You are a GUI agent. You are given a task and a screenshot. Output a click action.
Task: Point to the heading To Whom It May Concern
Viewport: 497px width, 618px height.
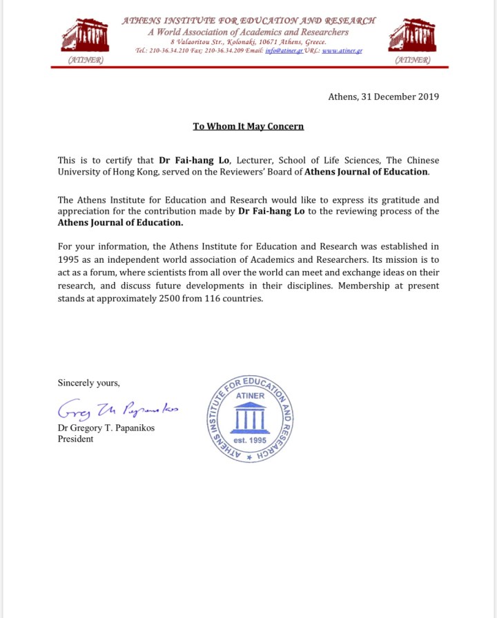[x=248, y=126]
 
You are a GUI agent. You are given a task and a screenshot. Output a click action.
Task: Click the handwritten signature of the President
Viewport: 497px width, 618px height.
[x=117, y=410]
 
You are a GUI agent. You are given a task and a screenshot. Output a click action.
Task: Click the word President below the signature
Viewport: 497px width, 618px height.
[x=75, y=439]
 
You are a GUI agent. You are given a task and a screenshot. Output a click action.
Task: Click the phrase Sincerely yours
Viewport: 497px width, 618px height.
[x=88, y=383]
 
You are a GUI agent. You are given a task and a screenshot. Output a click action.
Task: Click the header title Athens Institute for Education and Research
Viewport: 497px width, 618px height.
[x=248, y=21]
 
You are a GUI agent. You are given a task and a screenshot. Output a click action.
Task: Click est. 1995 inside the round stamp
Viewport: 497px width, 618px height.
[x=250, y=439]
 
